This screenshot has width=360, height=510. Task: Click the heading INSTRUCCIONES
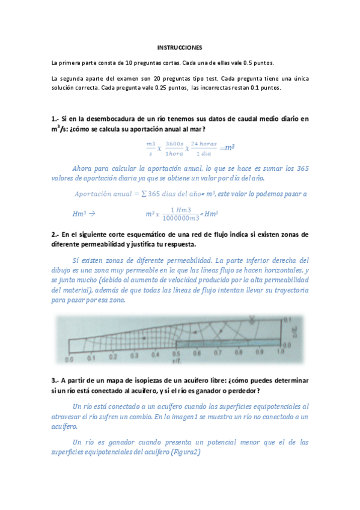click(x=180, y=47)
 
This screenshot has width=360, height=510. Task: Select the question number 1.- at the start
click(x=55, y=118)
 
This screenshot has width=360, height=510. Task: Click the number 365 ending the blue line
click(x=302, y=168)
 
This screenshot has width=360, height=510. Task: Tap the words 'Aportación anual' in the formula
click(x=100, y=194)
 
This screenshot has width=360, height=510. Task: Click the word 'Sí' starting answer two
click(x=75, y=260)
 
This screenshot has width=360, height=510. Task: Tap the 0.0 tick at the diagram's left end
click(x=69, y=358)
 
